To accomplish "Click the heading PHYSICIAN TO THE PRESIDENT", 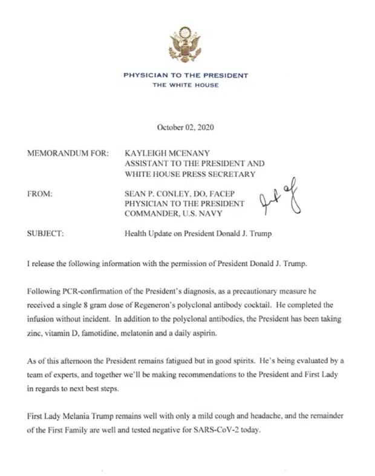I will click(186, 76).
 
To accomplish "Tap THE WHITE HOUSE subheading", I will click(186, 85).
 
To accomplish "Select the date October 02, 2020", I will click(186, 128).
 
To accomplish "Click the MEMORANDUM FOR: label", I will click(68, 154).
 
